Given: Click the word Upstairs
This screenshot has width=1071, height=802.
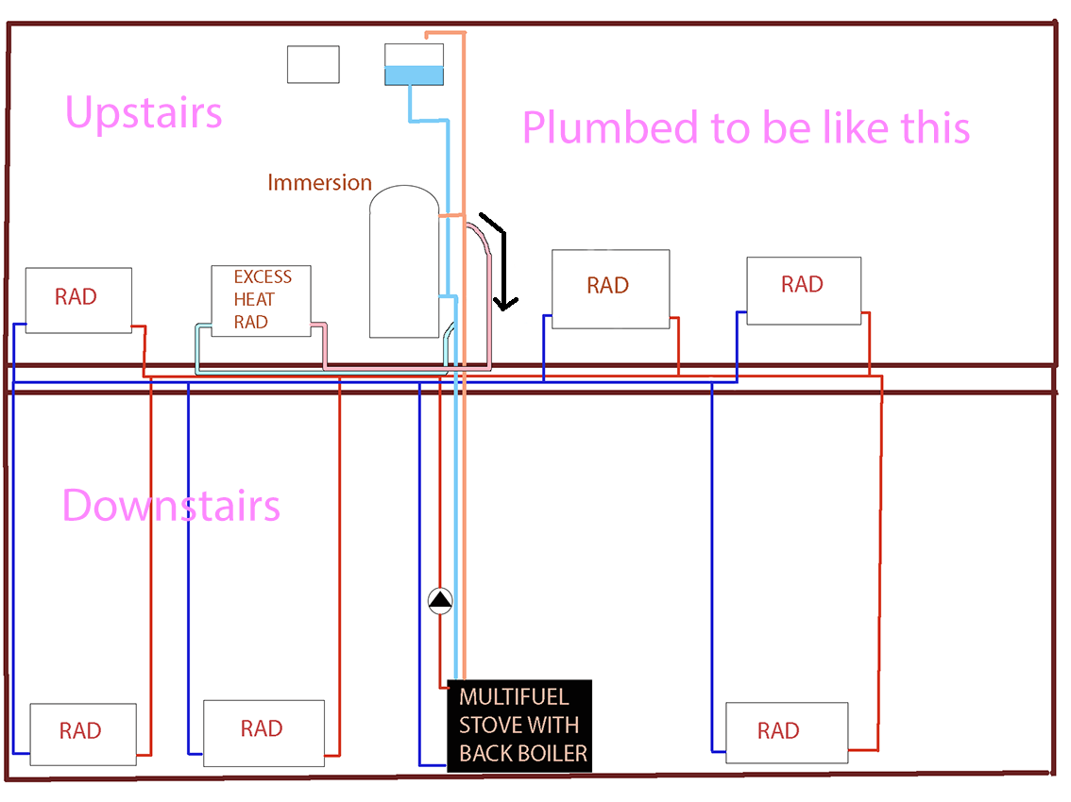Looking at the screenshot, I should pyautogui.click(x=144, y=112).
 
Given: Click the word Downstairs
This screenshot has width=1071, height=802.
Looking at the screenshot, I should pyautogui.click(x=171, y=506).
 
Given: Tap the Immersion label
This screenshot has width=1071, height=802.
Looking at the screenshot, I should pyautogui.click(x=319, y=182).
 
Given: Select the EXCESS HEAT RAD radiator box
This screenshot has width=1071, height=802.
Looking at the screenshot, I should pyautogui.click(x=261, y=300).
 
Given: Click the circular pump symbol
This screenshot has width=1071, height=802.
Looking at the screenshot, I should pyautogui.click(x=440, y=600).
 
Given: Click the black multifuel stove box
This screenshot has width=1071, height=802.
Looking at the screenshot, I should pyautogui.click(x=519, y=726).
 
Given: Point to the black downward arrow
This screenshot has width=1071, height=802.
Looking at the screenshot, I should pyautogui.click(x=506, y=264).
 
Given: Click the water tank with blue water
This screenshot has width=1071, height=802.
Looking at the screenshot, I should pyautogui.click(x=414, y=65).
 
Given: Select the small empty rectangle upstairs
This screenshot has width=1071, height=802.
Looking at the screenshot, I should pyautogui.click(x=314, y=64).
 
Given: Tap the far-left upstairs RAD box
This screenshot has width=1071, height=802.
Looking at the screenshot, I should pyautogui.click(x=77, y=299).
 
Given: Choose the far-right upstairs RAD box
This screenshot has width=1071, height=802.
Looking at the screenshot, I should pyautogui.click(x=803, y=291).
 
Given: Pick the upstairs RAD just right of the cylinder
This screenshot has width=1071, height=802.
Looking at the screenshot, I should pyautogui.click(x=610, y=289).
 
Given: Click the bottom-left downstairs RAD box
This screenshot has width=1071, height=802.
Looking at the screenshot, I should pyautogui.click(x=83, y=734).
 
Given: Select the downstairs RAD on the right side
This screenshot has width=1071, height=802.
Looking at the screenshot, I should pyautogui.click(x=786, y=733).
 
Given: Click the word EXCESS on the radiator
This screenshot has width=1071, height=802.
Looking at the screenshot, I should pyautogui.click(x=263, y=277).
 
